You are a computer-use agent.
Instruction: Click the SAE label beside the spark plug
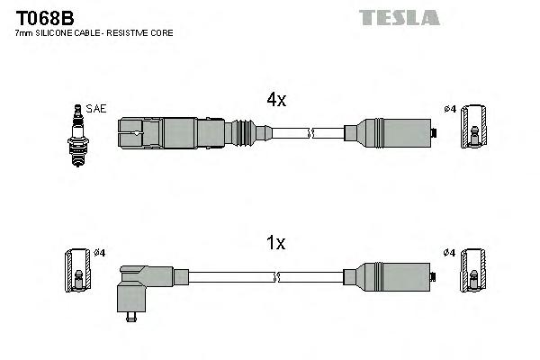point(97,109)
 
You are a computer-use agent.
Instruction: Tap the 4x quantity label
point(275,101)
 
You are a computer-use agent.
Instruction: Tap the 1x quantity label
point(275,242)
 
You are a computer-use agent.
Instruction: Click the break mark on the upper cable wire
point(310,133)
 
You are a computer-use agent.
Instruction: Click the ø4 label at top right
point(450,110)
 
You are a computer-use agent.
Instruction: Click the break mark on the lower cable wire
point(310,276)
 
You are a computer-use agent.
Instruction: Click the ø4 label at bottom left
point(100,253)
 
